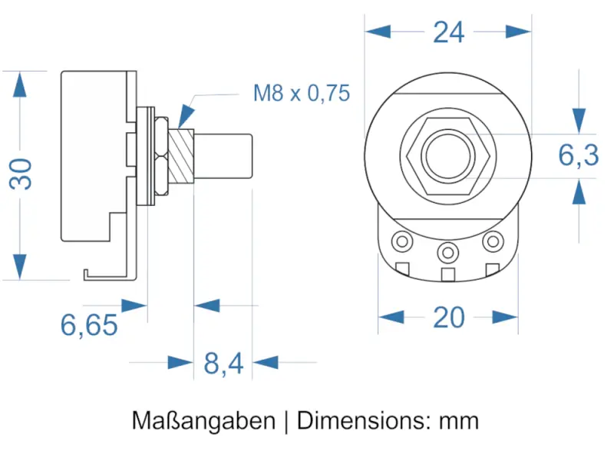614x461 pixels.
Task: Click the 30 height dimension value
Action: coord(22,174)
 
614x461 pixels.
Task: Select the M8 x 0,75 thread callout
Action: coord(302,94)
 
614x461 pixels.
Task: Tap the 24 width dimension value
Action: coord(449,32)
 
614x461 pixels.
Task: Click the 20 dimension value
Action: coord(449,317)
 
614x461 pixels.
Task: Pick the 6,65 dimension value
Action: coord(89,326)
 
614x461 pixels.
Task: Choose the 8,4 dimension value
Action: coord(223,363)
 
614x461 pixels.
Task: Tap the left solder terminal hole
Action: coord(401,241)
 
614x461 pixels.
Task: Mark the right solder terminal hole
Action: coord(492,241)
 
